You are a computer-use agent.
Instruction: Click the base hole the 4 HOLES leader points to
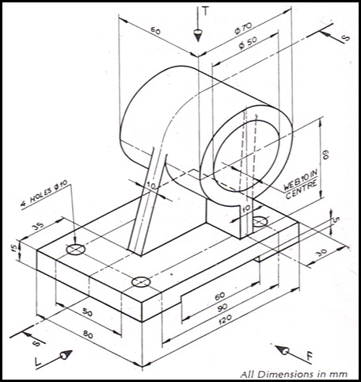point(76,250)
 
